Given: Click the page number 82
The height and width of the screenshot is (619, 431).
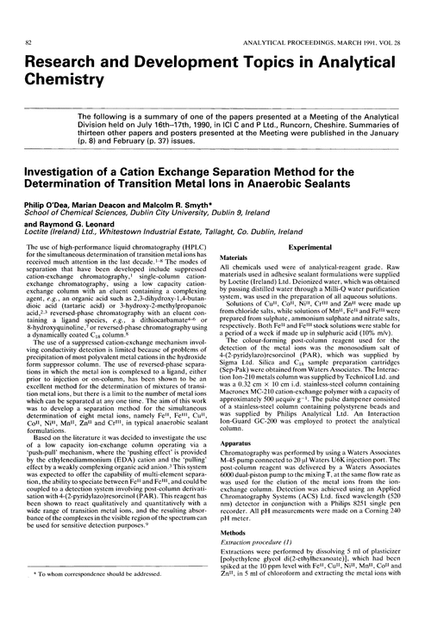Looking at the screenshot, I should (30, 18).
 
